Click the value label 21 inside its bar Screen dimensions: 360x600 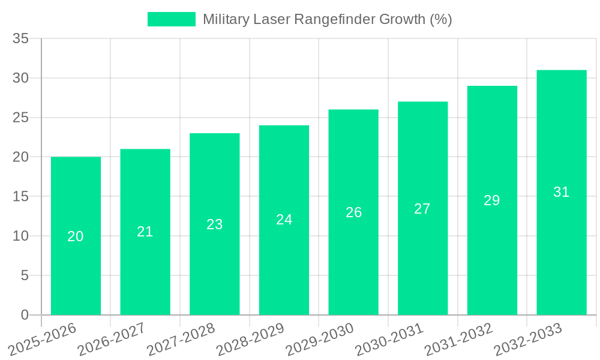[145, 232]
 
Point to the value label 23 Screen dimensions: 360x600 [215, 224]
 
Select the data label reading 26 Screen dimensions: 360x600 [354, 212]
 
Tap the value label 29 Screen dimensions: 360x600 [492, 200]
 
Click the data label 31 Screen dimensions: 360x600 [562, 192]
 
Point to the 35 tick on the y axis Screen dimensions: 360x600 [21, 39]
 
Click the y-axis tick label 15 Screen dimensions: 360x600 [21, 197]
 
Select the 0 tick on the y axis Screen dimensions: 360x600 [25, 315]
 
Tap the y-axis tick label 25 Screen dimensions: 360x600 [21, 118]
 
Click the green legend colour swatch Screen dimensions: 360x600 [172, 19]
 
